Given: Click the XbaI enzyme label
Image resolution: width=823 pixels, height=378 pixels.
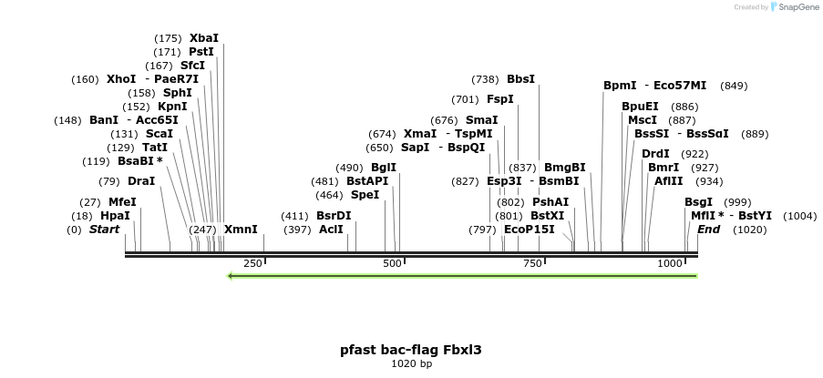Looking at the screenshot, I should (x=204, y=38).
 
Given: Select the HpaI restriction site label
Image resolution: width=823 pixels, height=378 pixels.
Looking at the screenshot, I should (x=115, y=216).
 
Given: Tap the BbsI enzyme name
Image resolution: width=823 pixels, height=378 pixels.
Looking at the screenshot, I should (x=520, y=79).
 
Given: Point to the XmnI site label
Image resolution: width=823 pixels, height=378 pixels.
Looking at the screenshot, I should (x=241, y=230).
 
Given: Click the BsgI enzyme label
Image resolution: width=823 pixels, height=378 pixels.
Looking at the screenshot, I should (x=699, y=202).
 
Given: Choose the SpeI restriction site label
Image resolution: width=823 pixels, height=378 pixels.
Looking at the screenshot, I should (x=365, y=195).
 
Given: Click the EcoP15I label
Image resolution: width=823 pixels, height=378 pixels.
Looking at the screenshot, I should (x=529, y=230).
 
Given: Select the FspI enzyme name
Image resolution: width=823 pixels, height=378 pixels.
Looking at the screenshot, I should (x=499, y=99).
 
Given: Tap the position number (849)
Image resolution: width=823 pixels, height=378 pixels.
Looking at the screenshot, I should (x=734, y=86).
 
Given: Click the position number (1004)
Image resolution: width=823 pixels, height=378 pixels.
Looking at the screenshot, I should (x=799, y=216).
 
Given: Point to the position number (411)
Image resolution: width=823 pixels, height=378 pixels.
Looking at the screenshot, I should (x=295, y=216).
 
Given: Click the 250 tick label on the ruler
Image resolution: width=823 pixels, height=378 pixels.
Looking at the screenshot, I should (x=252, y=263).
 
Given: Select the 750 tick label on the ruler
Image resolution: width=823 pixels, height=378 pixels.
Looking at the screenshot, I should (x=531, y=263).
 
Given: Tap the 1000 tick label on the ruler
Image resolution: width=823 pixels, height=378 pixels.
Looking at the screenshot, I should (x=670, y=263).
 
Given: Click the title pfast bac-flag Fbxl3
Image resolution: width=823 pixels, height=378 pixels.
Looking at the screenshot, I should (x=411, y=349).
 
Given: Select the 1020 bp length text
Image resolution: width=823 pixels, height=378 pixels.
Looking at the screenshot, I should (x=411, y=364).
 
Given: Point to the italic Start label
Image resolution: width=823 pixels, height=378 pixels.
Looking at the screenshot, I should (x=104, y=230).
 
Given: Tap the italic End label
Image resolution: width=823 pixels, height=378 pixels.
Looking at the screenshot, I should (x=708, y=230).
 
